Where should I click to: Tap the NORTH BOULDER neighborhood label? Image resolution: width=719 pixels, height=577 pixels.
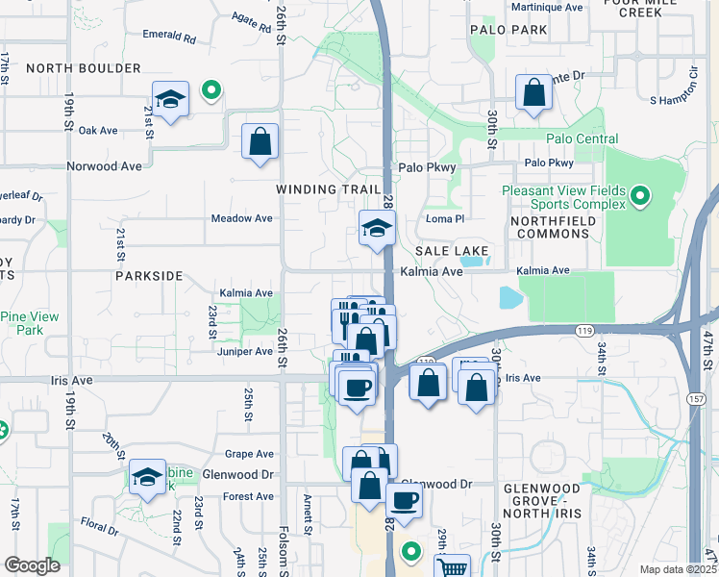coord(84,68)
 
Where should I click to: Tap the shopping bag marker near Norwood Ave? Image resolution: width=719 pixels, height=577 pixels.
coord(260,141)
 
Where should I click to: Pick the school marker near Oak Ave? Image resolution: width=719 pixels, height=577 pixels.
coord(170,99)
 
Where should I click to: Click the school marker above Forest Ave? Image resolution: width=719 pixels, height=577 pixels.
coord(147,477)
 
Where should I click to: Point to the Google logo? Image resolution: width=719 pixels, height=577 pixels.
coord(32,565)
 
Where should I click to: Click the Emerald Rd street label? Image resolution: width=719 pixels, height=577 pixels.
coord(168,38)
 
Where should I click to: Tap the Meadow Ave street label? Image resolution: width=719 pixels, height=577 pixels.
coord(242,218)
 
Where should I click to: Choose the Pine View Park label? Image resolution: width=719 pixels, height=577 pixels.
coord(29,323)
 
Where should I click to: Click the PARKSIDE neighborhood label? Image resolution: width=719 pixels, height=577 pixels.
coord(149,276)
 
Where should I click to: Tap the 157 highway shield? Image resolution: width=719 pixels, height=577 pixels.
coord(694,370)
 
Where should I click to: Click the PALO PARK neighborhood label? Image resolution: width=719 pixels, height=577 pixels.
coord(508,30)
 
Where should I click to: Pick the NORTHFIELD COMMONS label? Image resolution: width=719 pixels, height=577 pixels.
coord(553,228)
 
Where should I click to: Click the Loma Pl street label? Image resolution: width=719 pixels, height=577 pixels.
coord(445,218)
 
